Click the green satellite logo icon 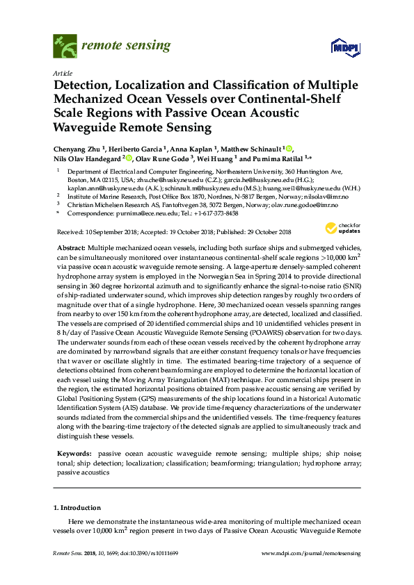pyautogui.click(x=65, y=47)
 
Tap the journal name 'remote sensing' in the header pyautogui.click(x=125, y=47)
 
